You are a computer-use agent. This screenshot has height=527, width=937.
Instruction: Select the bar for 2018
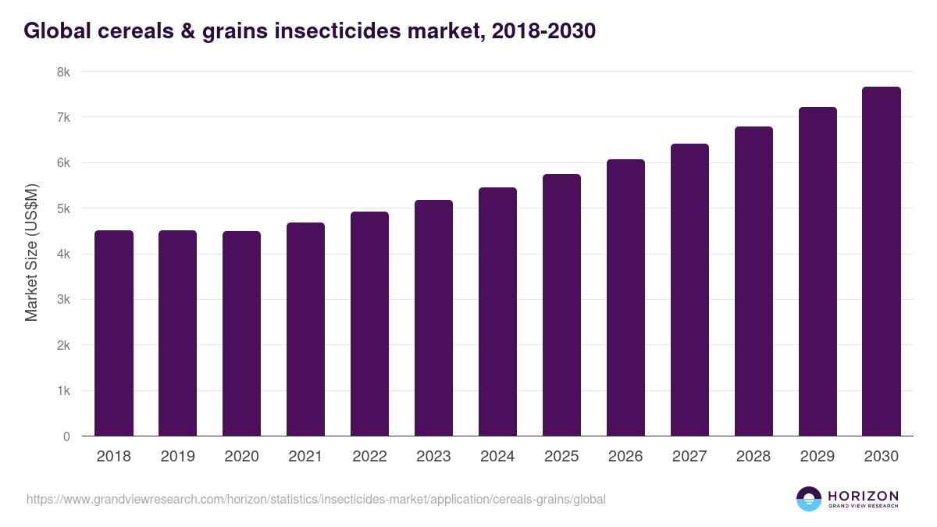114,333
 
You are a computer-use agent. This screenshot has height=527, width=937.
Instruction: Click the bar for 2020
242,333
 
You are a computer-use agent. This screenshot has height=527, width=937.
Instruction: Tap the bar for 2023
433,318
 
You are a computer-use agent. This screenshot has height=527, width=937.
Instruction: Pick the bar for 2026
625,297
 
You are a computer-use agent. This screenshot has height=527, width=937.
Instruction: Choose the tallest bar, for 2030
882,262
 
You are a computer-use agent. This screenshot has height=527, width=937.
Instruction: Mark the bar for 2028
754,281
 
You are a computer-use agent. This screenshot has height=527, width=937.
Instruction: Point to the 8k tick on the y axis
63,72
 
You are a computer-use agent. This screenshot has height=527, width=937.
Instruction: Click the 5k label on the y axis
63,208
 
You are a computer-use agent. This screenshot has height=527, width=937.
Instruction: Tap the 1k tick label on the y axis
63,391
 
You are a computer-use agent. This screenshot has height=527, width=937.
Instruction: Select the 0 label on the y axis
66,437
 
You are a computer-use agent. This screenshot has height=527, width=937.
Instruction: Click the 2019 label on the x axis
178,457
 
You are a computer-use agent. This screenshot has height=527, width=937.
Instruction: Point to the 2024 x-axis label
497,457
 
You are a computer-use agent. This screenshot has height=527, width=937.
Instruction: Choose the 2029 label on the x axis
818,457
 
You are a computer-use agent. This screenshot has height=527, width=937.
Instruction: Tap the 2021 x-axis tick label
305,457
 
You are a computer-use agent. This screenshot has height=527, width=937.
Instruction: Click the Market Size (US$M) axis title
31,253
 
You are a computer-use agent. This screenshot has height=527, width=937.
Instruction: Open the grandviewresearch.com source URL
316,499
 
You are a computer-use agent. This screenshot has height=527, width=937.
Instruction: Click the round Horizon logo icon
809,499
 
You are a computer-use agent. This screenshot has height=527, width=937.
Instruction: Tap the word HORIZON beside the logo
863,495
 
